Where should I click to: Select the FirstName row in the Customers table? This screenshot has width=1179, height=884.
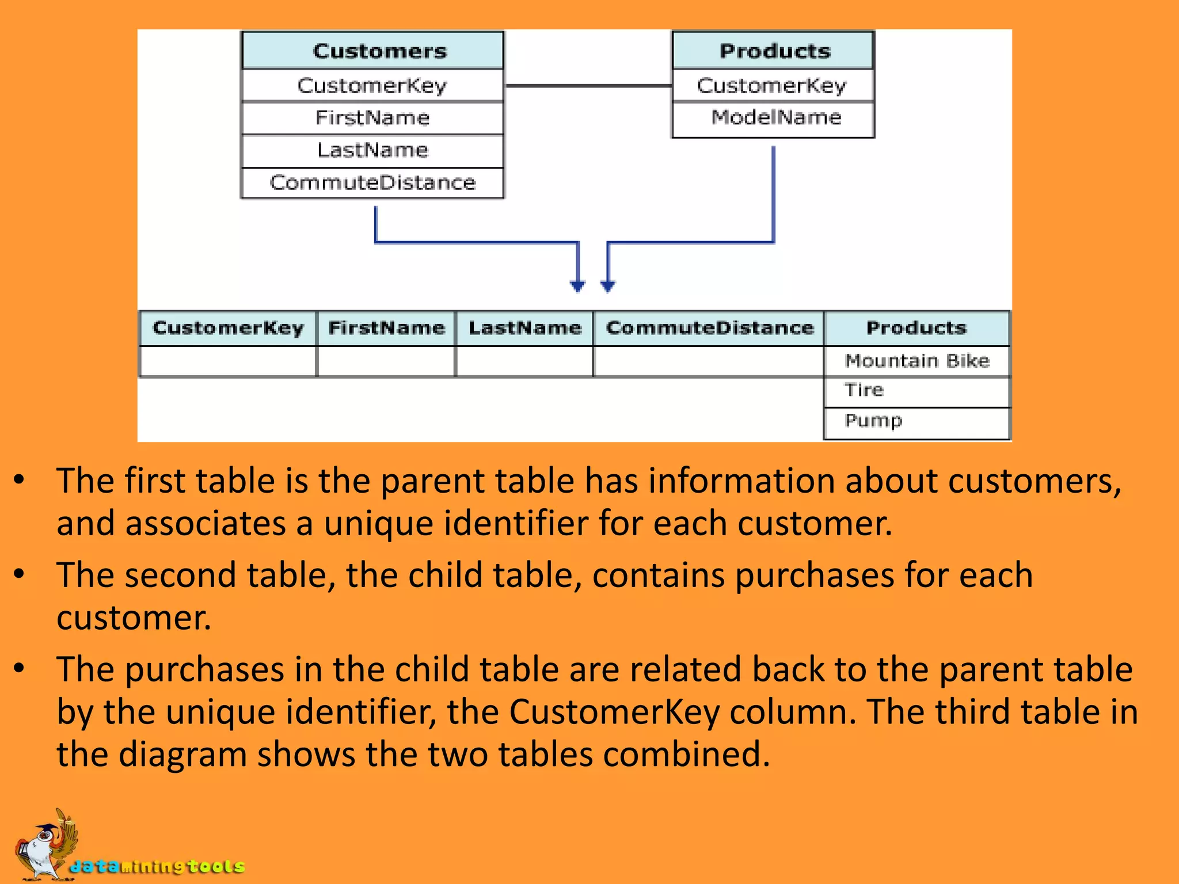tap(372, 118)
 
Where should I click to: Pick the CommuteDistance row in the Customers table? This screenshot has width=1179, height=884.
tap(372, 183)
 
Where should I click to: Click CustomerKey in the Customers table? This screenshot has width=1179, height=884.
tap(372, 85)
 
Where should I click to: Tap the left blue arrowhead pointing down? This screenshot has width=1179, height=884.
tap(577, 285)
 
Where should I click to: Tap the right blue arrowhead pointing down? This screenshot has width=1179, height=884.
tap(608, 285)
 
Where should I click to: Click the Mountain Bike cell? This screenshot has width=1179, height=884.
tap(916, 361)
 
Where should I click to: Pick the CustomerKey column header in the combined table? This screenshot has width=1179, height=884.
tap(228, 328)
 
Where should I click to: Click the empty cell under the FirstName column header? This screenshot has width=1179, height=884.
tap(386, 361)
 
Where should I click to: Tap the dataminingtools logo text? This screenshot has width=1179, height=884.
tap(157, 866)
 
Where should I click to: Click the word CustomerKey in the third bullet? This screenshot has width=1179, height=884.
tap(614, 712)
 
